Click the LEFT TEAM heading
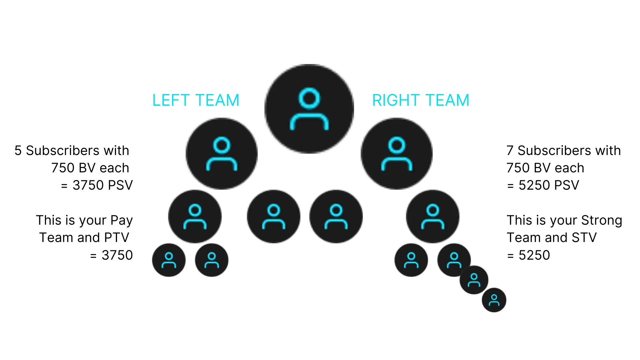pyautogui.click(x=196, y=100)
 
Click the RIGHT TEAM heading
pyautogui.click(x=421, y=100)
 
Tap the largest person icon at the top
pyautogui.click(x=309, y=109)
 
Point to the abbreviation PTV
pyautogui.click(x=117, y=238)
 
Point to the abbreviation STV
pyautogui.click(x=584, y=238)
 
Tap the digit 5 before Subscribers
pyautogui.click(x=18, y=151)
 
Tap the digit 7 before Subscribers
pyautogui.click(x=510, y=151)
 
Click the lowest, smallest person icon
pyautogui.click(x=494, y=300)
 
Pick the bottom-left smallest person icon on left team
pyautogui.click(x=169, y=260)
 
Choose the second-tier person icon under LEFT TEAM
pyautogui.click(x=222, y=154)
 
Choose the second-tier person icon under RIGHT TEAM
pyautogui.click(x=397, y=154)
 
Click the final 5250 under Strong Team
pyautogui.click(x=534, y=255)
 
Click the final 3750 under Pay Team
pyautogui.click(x=117, y=255)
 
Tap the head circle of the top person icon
pyautogui.click(x=309, y=98)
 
